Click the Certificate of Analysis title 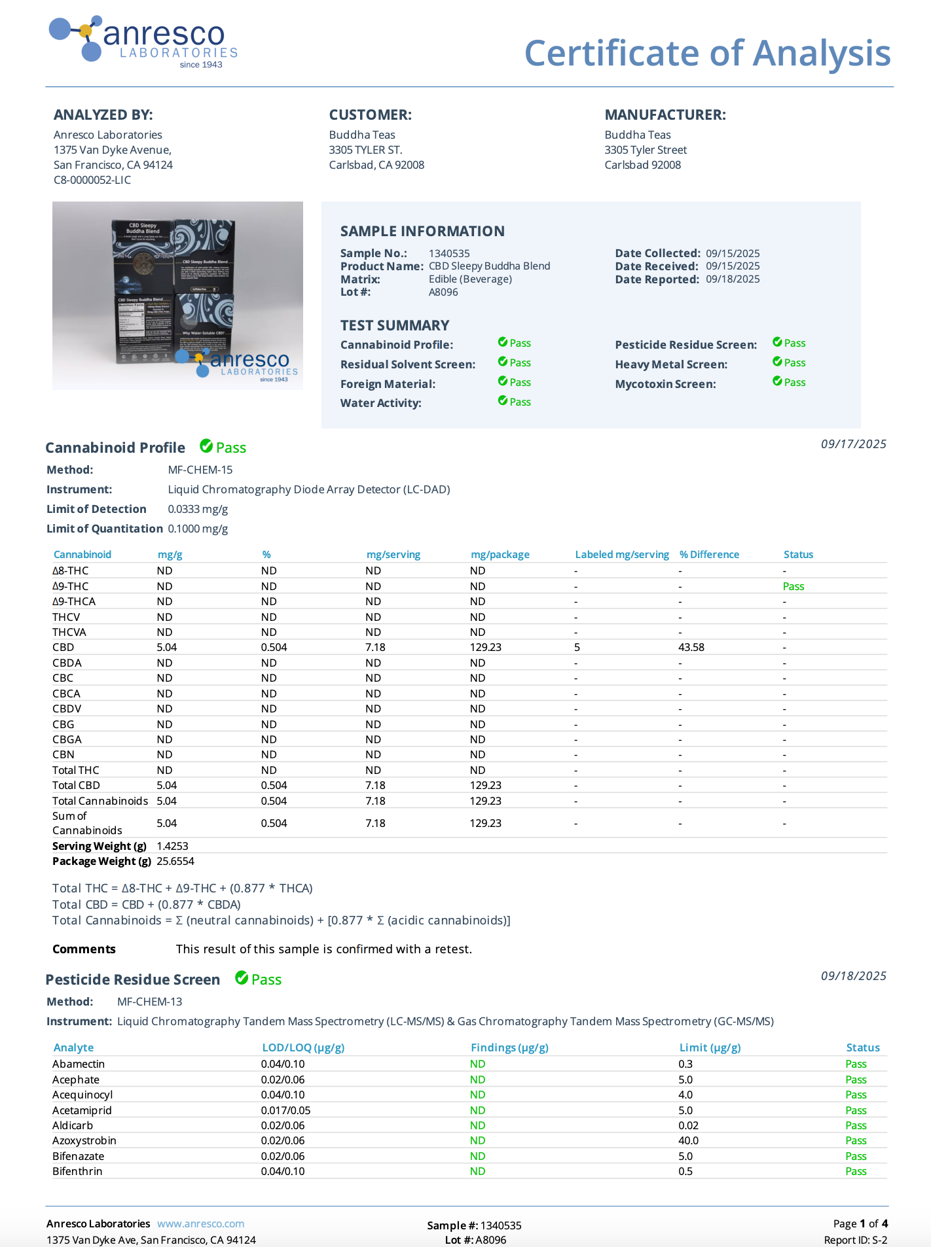point(707,53)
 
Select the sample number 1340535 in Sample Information point(449,253)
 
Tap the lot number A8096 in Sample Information point(443,292)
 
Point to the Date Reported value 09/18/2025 point(733,279)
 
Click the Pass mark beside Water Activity point(515,402)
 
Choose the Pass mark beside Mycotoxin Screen point(789,382)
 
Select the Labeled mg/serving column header point(622,555)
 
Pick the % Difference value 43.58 point(691,647)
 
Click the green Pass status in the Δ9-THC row point(794,586)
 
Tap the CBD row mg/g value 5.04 point(167,647)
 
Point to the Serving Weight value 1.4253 point(172,846)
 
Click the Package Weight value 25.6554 point(175,861)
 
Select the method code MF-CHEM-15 point(200,470)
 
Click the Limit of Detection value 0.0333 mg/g point(198,509)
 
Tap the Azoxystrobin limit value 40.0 point(689,1140)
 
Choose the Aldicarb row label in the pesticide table point(73,1125)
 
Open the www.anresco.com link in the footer point(200,1223)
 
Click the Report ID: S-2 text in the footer point(855,1240)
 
